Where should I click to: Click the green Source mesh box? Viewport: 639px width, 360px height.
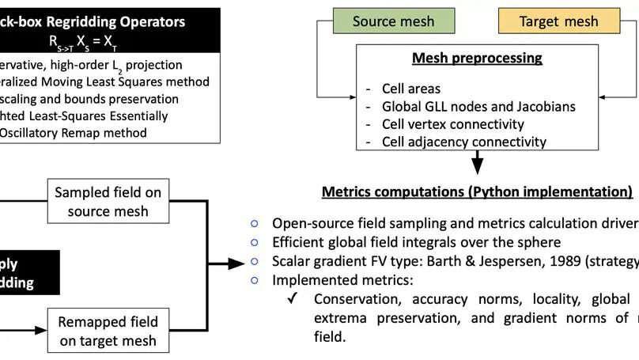click(394, 21)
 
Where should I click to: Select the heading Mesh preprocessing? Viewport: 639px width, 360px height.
click(477, 58)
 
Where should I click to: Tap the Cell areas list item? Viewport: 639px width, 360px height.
click(411, 89)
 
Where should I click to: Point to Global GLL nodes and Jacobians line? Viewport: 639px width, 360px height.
click(479, 107)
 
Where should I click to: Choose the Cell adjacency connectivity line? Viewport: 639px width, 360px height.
click(463, 142)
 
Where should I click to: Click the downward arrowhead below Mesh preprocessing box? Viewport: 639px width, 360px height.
click(477, 165)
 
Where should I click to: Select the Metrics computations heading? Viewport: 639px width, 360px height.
click(477, 191)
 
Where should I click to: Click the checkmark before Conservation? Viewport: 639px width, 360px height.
click(292, 298)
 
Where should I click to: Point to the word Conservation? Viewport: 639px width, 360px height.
click(355, 298)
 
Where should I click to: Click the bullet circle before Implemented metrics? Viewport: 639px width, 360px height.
click(255, 280)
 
